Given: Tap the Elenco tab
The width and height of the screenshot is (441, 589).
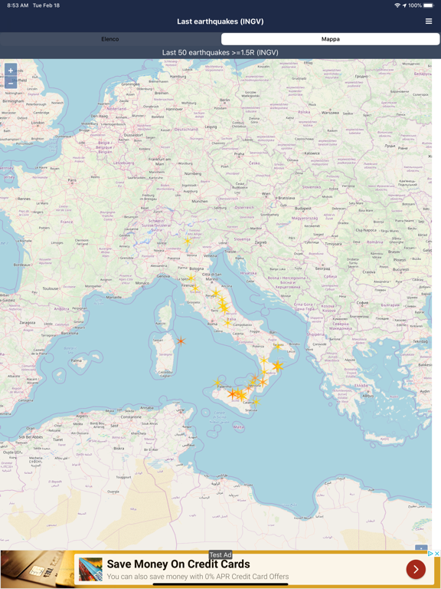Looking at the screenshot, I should pyautogui.click(x=110, y=38).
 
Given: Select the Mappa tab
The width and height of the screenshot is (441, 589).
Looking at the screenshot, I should pyautogui.click(x=330, y=38).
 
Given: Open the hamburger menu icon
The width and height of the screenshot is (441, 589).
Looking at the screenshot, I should pyautogui.click(x=429, y=21).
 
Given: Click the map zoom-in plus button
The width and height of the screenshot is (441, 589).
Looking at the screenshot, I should pyautogui.click(x=11, y=70).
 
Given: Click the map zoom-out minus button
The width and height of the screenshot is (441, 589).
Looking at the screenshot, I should pyautogui.click(x=11, y=81).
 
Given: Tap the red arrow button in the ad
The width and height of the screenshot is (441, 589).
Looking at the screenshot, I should pyautogui.click(x=416, y=569).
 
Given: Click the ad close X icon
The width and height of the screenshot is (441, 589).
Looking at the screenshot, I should pyautogui.click(x=436, y=554).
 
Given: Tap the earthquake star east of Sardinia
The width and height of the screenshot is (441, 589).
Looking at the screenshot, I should pyautogui.click(x=181, y=341).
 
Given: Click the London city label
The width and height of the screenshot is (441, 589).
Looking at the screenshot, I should pyautogui.click(x=38, y=123).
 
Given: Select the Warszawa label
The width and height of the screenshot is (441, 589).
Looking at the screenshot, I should pyautogui.click(x=330, y=112).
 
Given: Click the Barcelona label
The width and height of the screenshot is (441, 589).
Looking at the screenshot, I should pyautogui.click(x=70, y=334).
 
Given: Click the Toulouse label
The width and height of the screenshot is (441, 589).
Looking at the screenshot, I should pyautogui.click(x=51, y=288).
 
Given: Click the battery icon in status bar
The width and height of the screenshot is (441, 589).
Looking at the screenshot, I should pyautogui.click(x=430, y=5).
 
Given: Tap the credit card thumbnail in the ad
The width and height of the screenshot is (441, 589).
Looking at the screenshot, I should pyautogui.click(x=90, y=569).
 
